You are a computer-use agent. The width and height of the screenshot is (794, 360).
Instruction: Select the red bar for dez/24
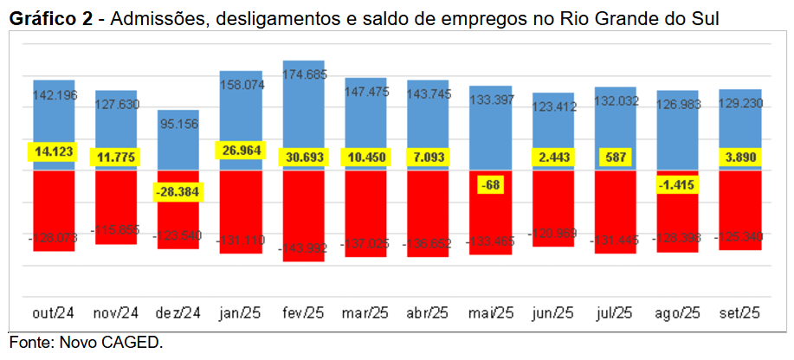(178, 225)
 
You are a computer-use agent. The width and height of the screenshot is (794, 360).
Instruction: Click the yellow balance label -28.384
(178, 192)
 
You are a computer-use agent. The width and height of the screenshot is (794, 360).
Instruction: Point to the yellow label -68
(490, 184)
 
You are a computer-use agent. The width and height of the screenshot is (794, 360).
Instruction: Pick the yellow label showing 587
(615, 157)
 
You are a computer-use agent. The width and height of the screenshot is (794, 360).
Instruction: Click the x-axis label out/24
(54, 312)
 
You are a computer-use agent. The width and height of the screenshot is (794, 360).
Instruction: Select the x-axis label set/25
(739, 312)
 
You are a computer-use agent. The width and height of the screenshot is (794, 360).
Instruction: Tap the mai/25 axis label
(490, 312)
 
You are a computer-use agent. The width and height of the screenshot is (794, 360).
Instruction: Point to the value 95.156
(178, 124)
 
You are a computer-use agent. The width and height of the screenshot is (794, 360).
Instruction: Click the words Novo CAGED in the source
(111, 343)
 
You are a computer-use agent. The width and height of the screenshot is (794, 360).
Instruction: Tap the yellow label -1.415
(677, 184)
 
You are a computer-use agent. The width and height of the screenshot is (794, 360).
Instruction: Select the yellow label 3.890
(739, 157)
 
